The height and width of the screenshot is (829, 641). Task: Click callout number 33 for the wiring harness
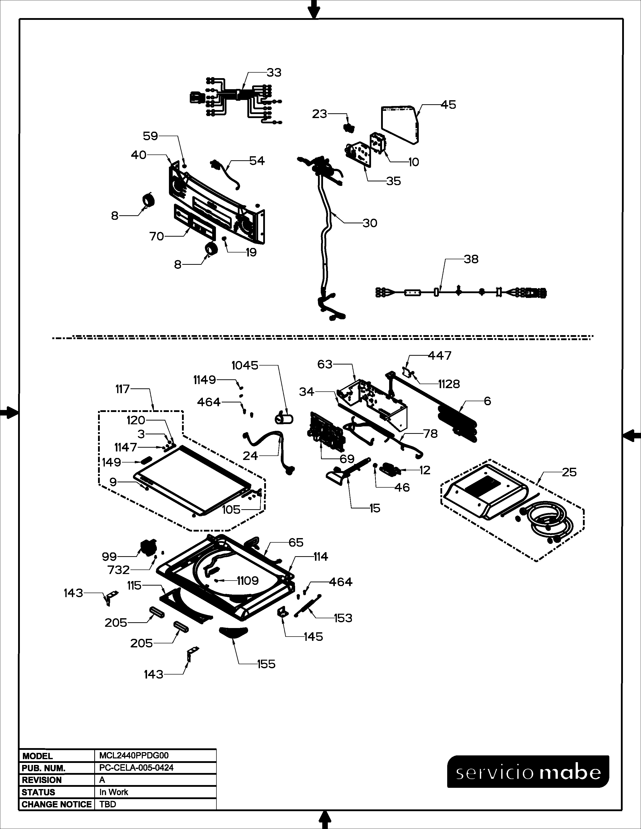coord(274,73)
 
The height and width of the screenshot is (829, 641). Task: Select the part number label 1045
coord(245,366)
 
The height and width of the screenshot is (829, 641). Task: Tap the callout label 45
coord(448,105)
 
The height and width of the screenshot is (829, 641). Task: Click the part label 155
coord(266,664)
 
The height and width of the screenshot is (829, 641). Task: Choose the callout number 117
coord(123,389)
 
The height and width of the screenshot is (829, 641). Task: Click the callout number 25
coord(569,472)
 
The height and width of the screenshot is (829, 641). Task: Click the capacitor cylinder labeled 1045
coord(284,419)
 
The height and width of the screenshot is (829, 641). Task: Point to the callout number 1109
coord(248,581)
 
